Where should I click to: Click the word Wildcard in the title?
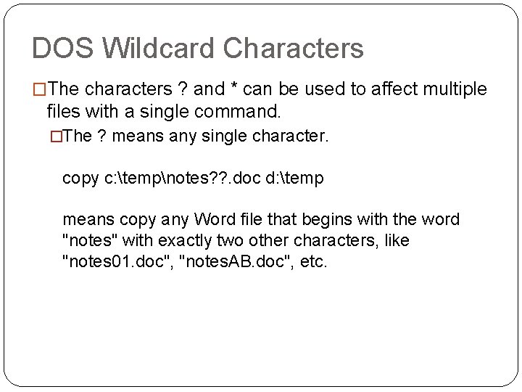click(x=158, y=49)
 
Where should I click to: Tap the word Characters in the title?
click(x=293, y=49)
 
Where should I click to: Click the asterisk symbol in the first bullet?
click(x=233, y=89)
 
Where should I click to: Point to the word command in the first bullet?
click(x=245, y=113)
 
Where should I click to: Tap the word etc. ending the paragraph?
click(x=313, y=261)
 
